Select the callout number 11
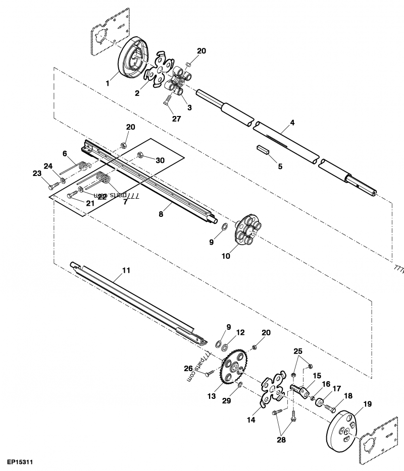click(126, 270)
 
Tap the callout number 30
click(160, 160)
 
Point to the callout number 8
click(161, 214)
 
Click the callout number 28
click(280, 440)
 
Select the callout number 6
click(65, 153)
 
